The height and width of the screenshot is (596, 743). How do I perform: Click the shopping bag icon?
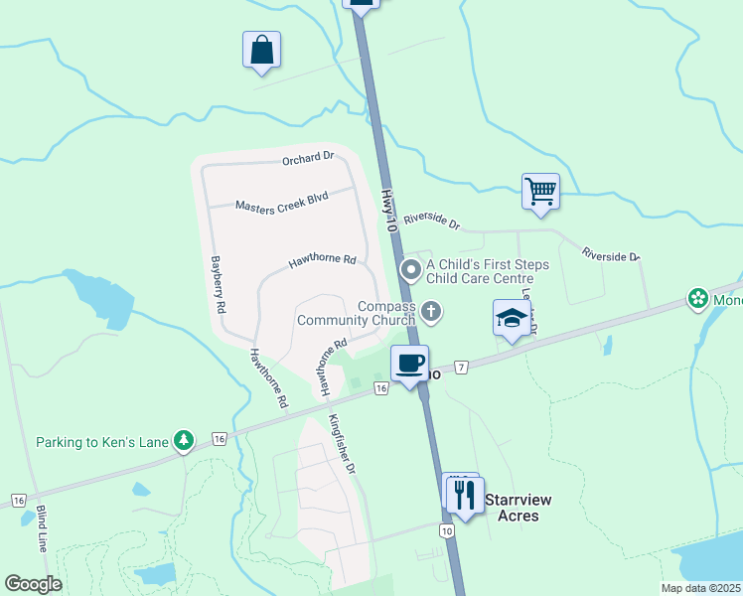pyautogui.click(x=261, y=51)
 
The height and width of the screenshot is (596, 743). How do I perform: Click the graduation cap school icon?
pyautogui.click(x=512, y=319)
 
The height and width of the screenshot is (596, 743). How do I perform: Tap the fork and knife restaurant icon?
pyautogui.click(x=465, y=495)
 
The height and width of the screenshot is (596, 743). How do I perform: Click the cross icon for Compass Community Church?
pyautogui.click(x=430, y=313)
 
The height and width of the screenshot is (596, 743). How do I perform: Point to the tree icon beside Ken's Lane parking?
pyautogui.click(x=183, y=439)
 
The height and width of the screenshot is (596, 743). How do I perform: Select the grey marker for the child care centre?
pyautogui.click(x=410, y=269)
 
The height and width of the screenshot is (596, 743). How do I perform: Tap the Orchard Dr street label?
pyautogui.click(x=307, y=158)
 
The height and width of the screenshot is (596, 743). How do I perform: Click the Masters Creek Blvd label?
pyautogui.click(x=281, y=202)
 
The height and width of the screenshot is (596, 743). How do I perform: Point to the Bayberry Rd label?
pyautogui.click(x=216, y=286)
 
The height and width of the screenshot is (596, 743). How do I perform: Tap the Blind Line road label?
pyautogui.click(x=42, y=528)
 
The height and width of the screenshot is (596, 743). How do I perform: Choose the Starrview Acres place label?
pyautogui.click(x=518, y=507)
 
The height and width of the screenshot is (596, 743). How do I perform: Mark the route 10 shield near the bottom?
pyautogui.click(x=447, y=531)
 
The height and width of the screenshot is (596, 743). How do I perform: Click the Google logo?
pyautogui.click(x=33, y=584)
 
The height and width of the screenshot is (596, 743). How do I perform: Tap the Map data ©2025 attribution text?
pyautogui.click(x=700, y=588)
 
